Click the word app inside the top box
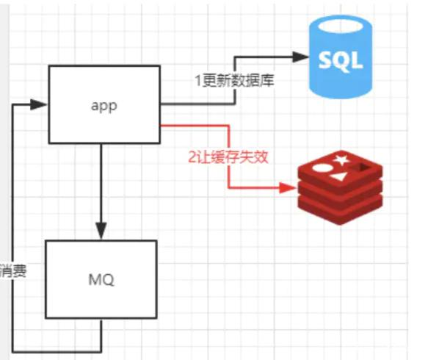pyautogui.click(x=104, y=104)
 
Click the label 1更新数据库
pyautogui.click(x=234, y=80)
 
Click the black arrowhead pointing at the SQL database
pyautogui.click(x=300, y=56)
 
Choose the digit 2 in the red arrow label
pyautogui.click(x=192, y=156)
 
